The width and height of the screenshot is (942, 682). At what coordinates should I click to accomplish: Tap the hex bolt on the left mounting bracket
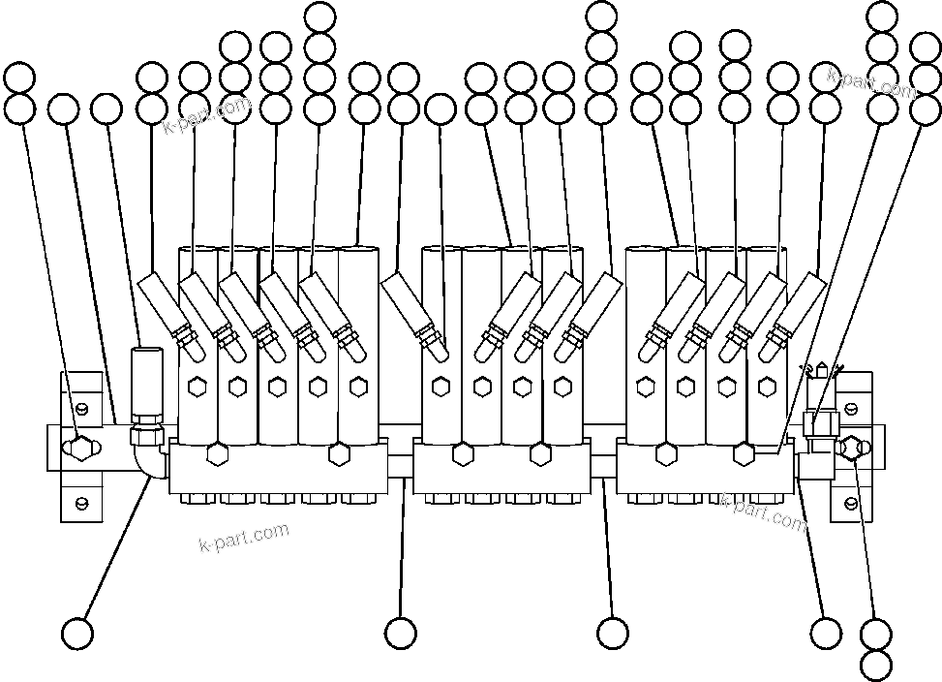[80, 447]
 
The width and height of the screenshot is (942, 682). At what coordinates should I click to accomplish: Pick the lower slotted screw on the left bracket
[82, 502]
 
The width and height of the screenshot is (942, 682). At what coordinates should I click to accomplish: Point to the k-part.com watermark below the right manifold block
[763, 511]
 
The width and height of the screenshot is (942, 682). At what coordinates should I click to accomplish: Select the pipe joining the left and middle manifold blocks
[401, 466]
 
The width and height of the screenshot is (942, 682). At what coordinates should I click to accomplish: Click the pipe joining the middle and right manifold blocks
[604, 466]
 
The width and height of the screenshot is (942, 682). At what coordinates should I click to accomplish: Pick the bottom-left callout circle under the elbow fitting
[77, 634]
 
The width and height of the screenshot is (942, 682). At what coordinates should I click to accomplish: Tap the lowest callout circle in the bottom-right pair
[876, 666]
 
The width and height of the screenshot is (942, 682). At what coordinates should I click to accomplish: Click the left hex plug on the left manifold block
[216, 453]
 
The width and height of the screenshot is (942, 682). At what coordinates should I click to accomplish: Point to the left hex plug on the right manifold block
[665, 453]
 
